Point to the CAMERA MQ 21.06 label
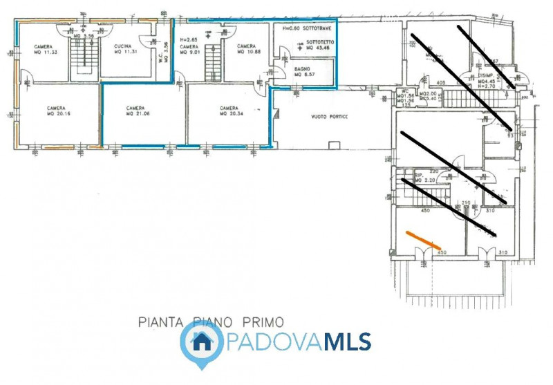[138, 111]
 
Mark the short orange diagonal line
[423, 239]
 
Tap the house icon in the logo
[201, 340]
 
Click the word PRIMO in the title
[263, 321]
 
